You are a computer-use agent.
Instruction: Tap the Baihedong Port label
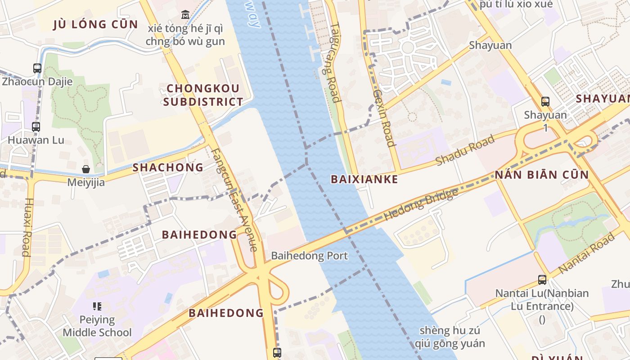coord(309,256)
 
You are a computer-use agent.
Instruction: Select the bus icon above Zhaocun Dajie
coord(37,68)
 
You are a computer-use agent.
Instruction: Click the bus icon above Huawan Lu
coord(36,127)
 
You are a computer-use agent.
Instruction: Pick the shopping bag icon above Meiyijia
coord(85,169)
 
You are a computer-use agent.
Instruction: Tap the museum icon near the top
coord(185,15)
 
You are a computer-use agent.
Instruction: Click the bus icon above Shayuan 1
coord(545,102)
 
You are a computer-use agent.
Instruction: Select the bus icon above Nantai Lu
coord(542,280)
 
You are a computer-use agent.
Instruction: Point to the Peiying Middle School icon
coord(97,307)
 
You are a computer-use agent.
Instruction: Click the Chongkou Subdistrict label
coord(203,95)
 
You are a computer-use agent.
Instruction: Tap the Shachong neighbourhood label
coord(168,167)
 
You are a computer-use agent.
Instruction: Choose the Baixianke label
coord(364,179)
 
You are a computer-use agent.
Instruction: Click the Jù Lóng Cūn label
coord(95,24)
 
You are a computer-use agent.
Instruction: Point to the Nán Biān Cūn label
coord(542,175)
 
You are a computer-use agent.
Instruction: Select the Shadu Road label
coord(465,149)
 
